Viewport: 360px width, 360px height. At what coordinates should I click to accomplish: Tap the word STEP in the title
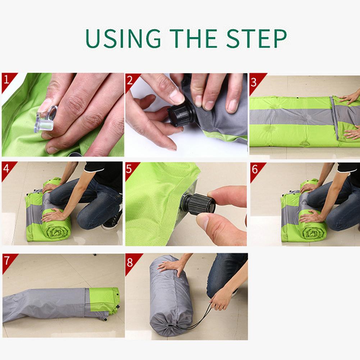click(x=256, y=38)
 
